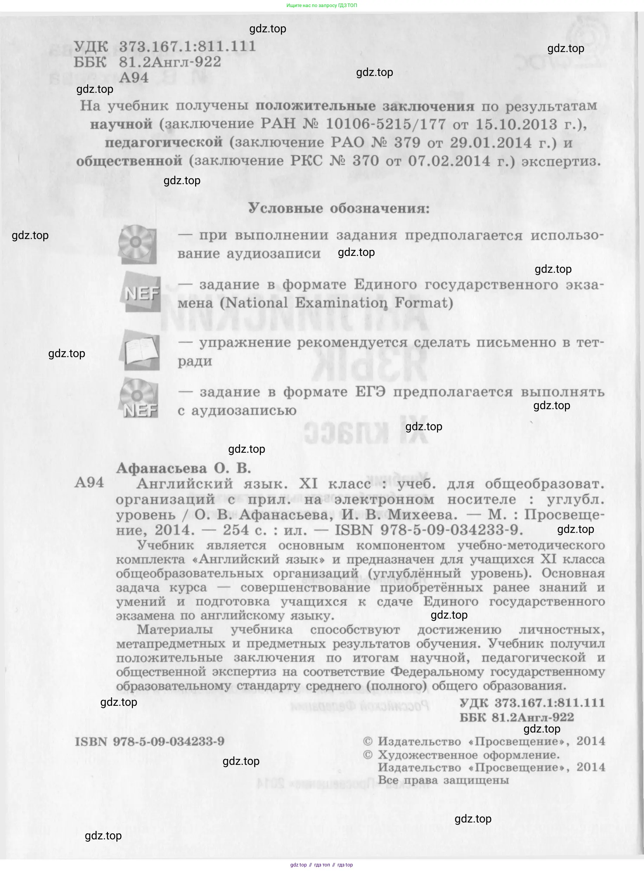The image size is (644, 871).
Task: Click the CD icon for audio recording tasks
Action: pos(137,244)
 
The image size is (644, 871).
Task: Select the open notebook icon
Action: pos(141,350)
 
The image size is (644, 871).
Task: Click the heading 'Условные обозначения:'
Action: pos(339,208)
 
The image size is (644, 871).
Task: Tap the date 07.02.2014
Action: pos(449,161)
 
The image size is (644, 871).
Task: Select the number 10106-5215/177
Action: pos(386,124)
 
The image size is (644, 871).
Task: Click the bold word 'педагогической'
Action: pos(164,142)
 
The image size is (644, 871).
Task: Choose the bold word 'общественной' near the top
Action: pos(129,161)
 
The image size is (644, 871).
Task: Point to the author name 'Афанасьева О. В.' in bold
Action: pos(183,468)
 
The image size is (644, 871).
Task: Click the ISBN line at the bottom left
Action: pos(150,741)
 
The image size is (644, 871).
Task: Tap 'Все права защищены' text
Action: pos(443,780)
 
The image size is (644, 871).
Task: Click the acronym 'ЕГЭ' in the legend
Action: pos(370,392)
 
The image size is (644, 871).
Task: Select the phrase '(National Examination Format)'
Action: pos(336,303)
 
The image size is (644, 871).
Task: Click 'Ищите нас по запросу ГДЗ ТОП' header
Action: pos(322,6)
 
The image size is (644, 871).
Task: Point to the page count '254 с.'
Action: pos(236,530)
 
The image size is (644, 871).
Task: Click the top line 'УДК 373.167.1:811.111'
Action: pos(165,46)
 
